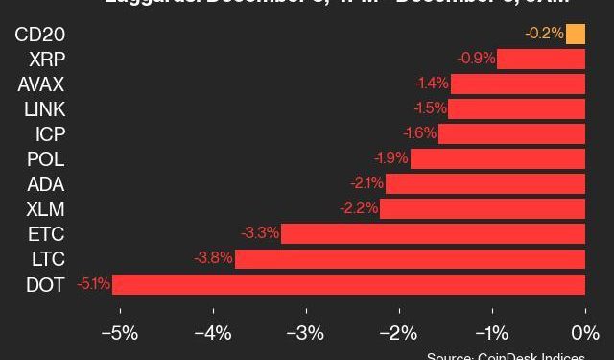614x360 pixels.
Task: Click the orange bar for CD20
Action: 576,35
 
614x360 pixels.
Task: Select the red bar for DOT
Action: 348,284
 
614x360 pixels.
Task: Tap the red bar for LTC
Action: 410,259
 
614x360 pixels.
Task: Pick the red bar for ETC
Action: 433,234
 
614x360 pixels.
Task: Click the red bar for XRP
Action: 541,60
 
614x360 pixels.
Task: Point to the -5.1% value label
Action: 94,284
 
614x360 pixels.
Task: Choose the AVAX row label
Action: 40,84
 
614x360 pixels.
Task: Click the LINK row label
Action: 44,109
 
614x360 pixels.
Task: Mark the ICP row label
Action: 50,134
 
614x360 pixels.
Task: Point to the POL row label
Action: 47,159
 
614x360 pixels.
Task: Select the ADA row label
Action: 47,184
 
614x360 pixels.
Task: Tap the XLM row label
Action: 46,209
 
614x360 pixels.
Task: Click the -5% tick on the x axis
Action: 119,333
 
